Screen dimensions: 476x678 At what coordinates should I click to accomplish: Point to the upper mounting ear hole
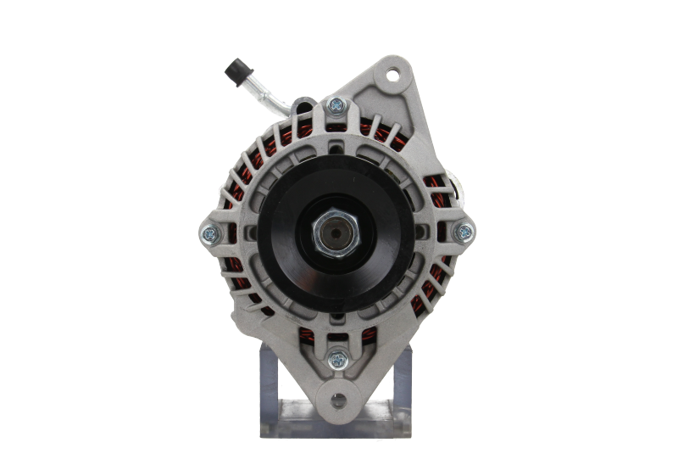point(391,75)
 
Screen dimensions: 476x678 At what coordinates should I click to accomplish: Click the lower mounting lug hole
point(338,400)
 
